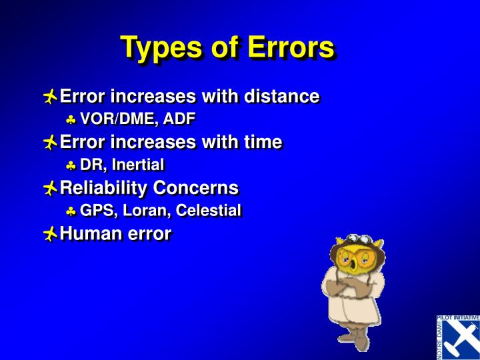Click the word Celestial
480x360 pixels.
tap(207, 211)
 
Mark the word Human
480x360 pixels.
tap(87, 233)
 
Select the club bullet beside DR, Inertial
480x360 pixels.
tap(71, 165)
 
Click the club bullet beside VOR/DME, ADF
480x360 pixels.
tap(71, 120)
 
